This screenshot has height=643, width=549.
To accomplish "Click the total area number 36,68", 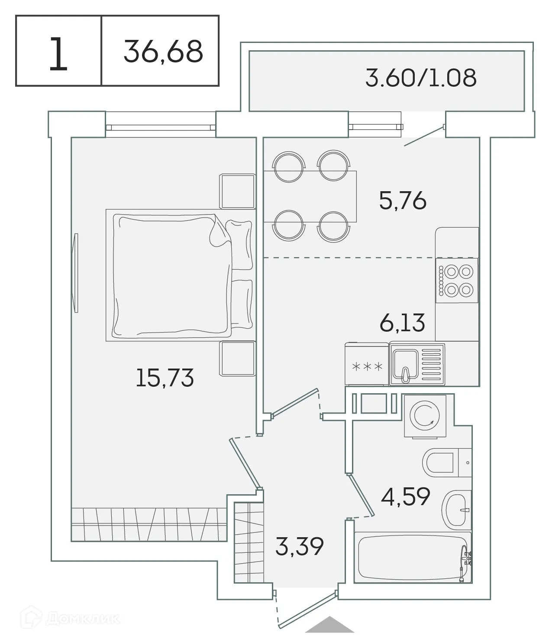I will coord(163,51).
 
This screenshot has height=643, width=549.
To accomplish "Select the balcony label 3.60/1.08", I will coord(420,78).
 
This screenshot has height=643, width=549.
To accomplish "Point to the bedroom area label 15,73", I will coord(165,377).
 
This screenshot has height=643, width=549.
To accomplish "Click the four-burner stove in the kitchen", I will coord(457,281).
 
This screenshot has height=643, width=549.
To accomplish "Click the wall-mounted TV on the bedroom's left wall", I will coord(76,272).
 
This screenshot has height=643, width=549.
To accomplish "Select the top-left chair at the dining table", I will coord(288,166).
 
